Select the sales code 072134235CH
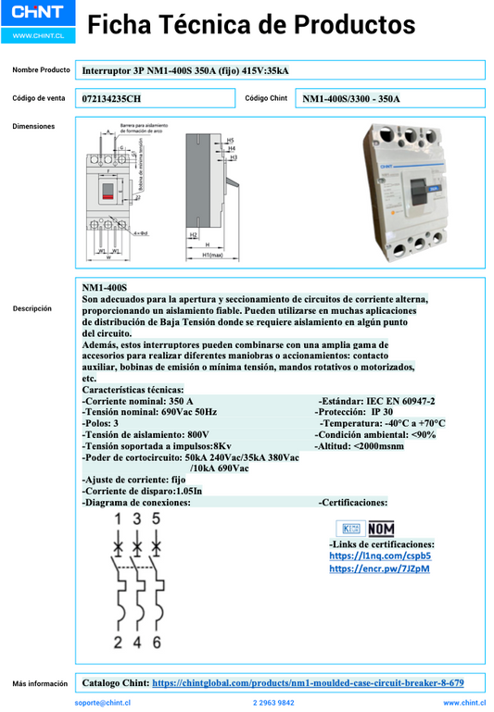(112, 98)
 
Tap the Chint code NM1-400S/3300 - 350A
(351, 98)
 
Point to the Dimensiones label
(33, 126)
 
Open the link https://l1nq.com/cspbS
(380, 556)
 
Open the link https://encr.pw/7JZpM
(379, 568)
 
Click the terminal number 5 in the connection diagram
(157, 520)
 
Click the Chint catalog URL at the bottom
(308, 683)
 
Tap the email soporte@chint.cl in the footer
(103, 703)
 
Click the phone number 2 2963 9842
(273, 703)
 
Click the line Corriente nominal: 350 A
(138, 401)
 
